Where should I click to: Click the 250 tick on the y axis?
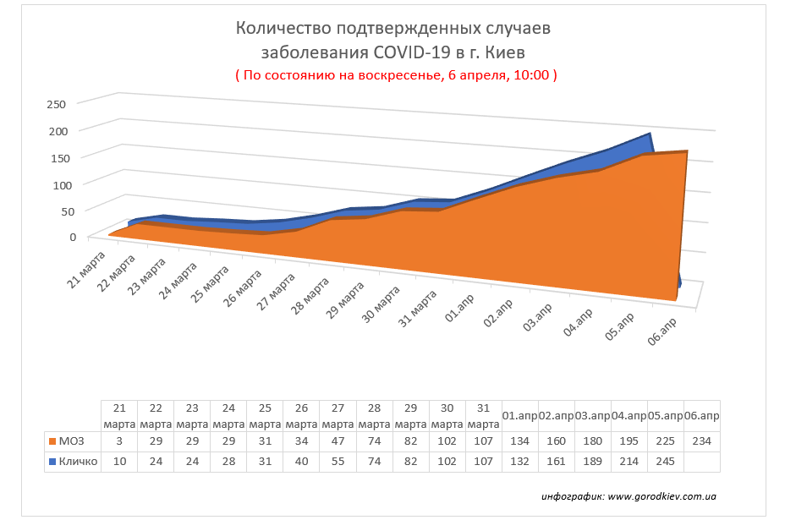(56, 104)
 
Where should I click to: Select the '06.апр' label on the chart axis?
(661, 331)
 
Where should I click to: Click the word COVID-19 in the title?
(412, 52)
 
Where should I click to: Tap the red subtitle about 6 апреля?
(396, 74)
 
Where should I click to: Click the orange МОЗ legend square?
(53, 441)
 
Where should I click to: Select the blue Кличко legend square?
(53, 463)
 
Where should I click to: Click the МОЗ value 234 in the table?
(701, 441)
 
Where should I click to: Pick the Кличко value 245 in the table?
(665, 463)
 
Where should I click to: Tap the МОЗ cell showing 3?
(118, 441)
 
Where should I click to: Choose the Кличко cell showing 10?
(118, 463)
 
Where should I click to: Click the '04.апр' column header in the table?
(629, 416)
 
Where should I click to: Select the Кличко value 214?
(629, 463)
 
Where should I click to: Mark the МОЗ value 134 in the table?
(519, 441)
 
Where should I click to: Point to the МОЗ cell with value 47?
(337, 441)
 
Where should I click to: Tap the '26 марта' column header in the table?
(300, 416)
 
